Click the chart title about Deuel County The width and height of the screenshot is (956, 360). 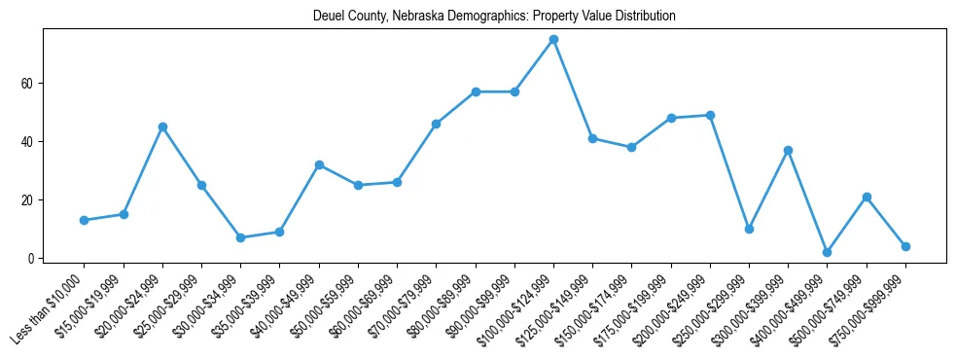(494, 17)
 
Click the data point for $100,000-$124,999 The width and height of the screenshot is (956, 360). (553, 39)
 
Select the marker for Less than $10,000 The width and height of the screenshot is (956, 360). (85, 220)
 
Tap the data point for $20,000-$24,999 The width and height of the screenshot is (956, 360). (162, 126)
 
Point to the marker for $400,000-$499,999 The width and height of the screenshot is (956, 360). (827, 252)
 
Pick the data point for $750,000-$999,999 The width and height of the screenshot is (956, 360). (905, 246)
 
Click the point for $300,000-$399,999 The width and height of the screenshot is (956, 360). (788, 150)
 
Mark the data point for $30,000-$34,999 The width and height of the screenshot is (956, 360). (240, 237)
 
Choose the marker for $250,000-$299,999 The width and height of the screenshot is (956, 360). (749, 229)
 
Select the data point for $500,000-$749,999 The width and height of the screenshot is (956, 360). (866, 197)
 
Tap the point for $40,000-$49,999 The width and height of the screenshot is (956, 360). (319, 164)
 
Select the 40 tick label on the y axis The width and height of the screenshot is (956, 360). (28, 141)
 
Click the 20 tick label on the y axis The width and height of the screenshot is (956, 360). (28, 199)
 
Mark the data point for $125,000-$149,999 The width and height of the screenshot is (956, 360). (592, 138)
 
